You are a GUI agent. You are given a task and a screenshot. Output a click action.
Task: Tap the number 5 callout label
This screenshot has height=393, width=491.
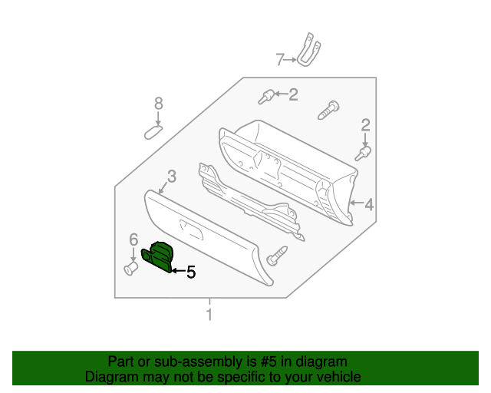tap(191, 271)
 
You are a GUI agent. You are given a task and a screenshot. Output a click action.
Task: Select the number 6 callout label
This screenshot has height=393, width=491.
tap(133, 239)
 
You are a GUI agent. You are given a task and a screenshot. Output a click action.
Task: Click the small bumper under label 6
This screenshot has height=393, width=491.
tap(130, 269)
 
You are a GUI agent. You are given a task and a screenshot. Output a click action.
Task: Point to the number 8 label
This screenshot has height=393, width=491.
tap(159, 104)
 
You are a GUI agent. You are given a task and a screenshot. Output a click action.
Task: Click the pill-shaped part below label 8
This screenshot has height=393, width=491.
tap(156, 131)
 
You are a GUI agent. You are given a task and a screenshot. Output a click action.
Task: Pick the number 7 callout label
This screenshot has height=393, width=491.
tap(280, 58)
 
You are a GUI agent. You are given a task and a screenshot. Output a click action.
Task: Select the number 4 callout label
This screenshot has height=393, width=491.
tap(369, 204)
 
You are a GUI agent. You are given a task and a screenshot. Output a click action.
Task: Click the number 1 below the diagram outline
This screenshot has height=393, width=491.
tap(208, 315)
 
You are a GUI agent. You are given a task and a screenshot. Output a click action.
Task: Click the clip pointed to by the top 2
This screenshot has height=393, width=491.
tap(267, 96)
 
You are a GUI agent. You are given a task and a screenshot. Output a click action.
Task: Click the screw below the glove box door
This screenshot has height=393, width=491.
tap(278, 254)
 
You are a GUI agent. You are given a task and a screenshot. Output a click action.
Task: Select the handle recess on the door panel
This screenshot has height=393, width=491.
tap(189, 226)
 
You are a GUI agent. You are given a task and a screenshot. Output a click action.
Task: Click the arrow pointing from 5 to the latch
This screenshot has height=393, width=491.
tap(178, 270)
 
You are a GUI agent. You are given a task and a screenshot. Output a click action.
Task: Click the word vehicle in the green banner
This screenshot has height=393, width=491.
tap(334, 377)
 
